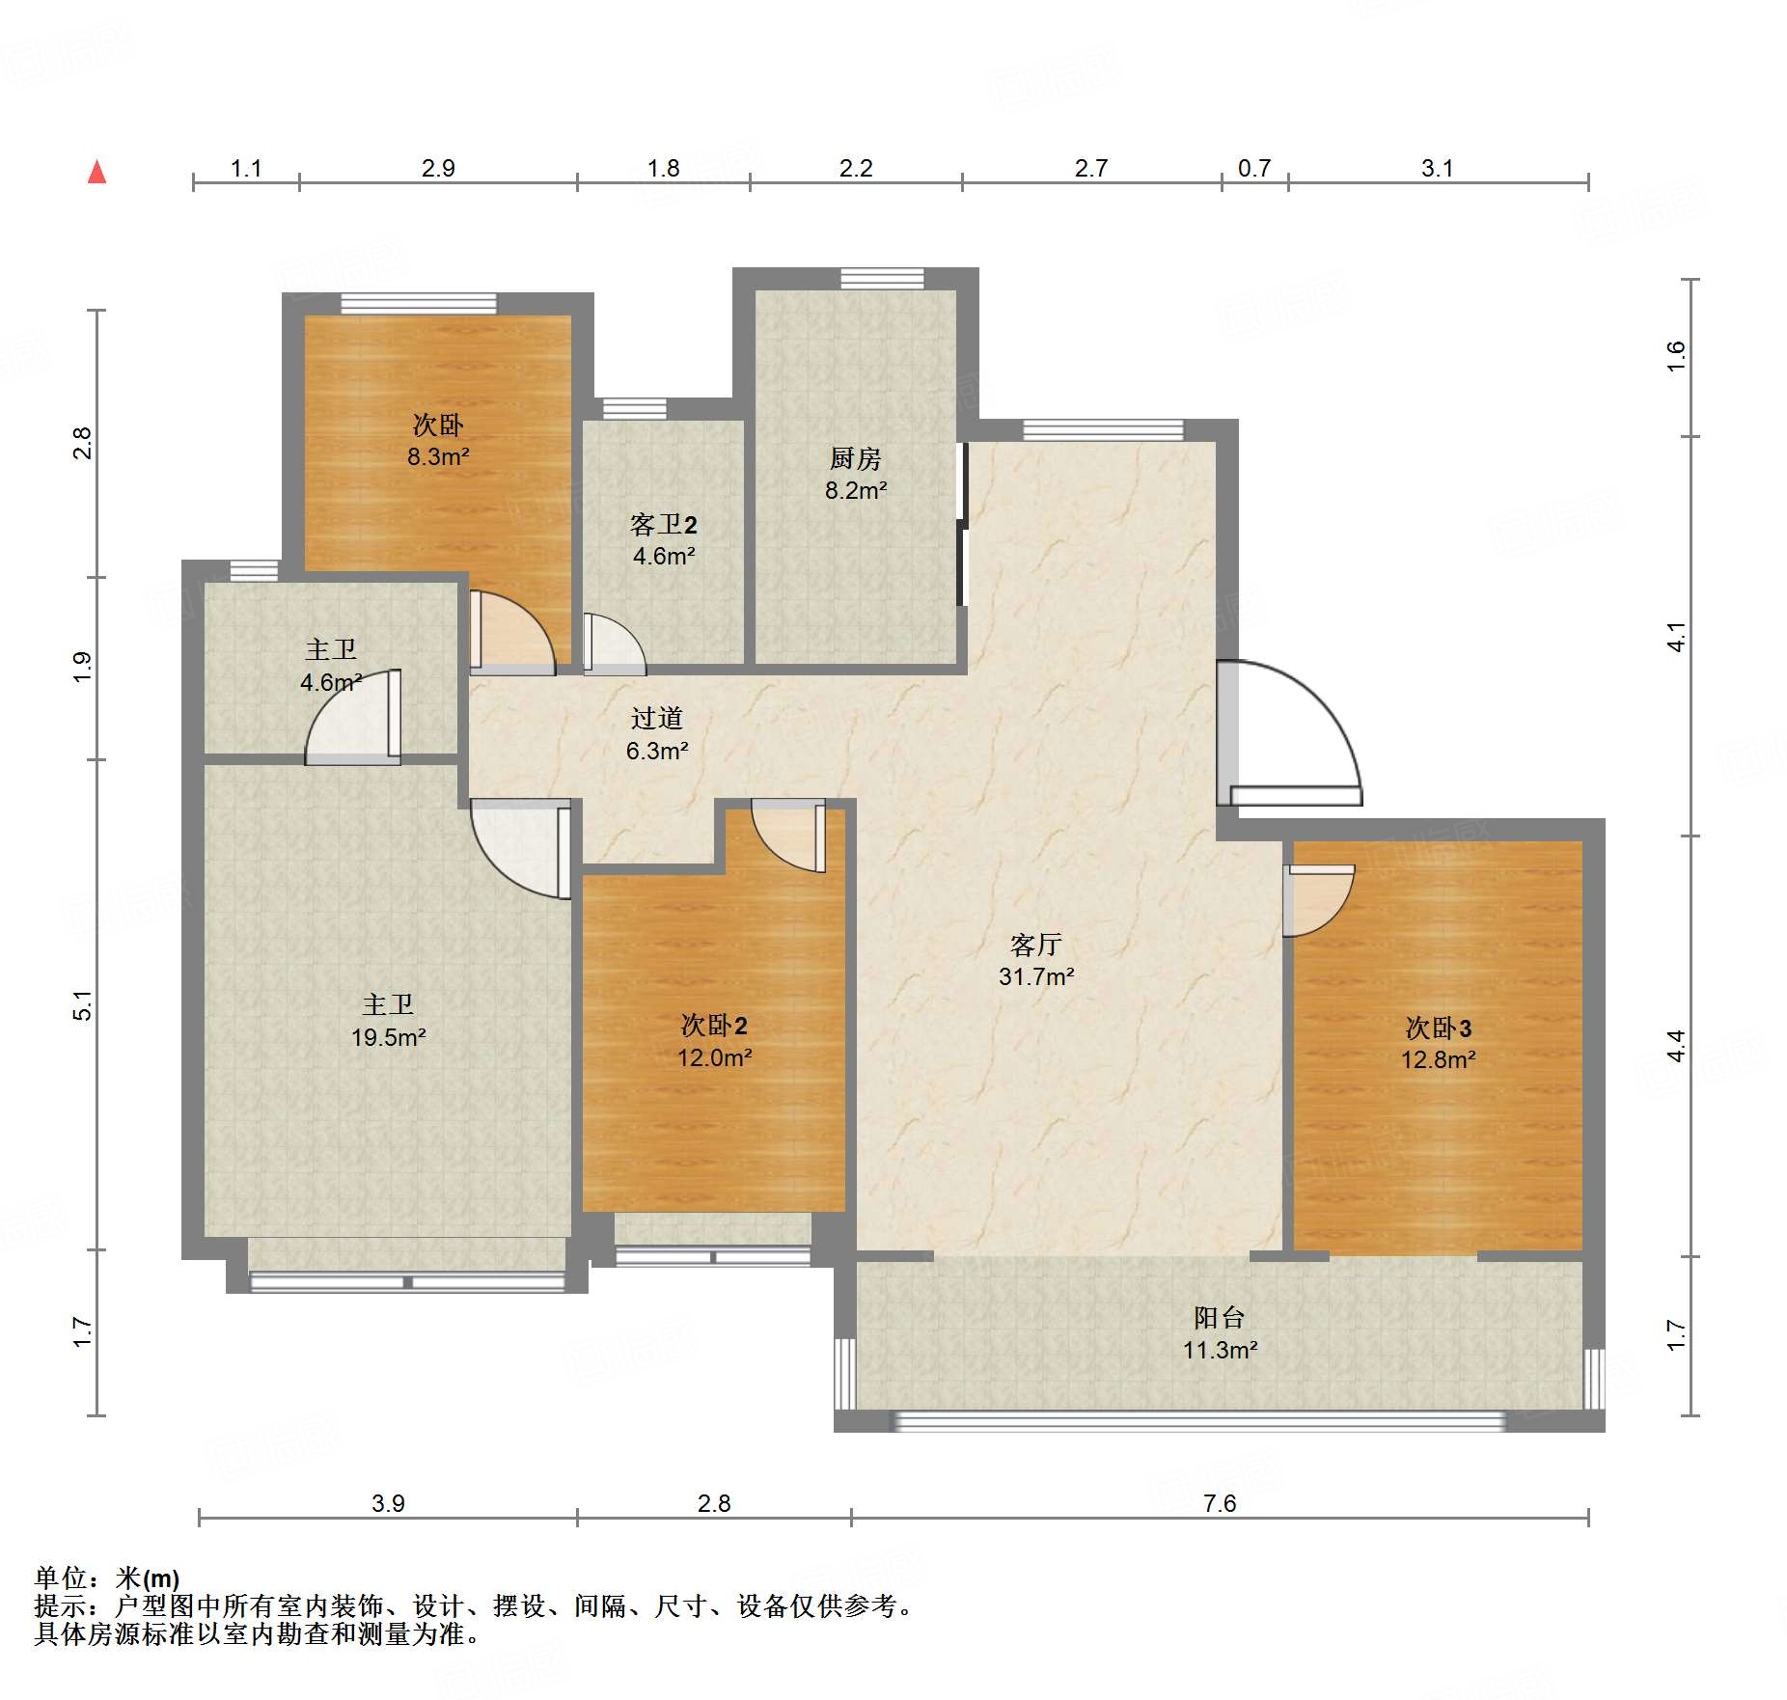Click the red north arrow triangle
[96, 172]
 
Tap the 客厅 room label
[1036, 945]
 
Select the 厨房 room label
[856, 458]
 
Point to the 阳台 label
[1220, 1317]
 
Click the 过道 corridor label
[657, 718]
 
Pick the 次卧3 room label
[1438, 1028]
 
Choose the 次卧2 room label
[714, 1025]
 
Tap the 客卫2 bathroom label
[664, 524]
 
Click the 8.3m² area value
[438, 456]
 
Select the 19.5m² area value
[389, 1037]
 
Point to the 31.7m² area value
[1036, 976]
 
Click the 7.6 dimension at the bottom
[1220, 1503]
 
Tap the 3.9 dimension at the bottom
[388, 1503]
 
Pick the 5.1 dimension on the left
[84, 1005]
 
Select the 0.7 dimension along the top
[1254, 169]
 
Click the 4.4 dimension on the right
[1677, 1046]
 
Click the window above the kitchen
[882, 279]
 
